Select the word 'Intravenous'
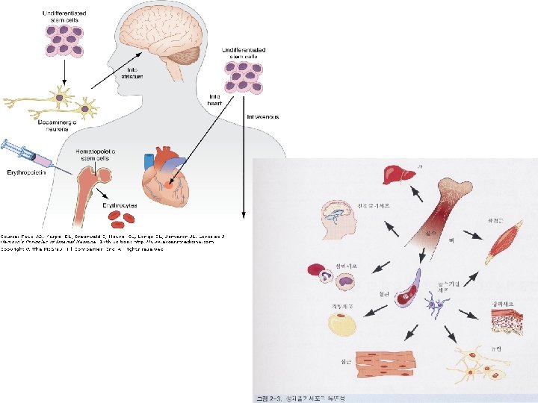point(262,116)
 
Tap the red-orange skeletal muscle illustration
point(497,243)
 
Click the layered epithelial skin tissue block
point(504,320)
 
